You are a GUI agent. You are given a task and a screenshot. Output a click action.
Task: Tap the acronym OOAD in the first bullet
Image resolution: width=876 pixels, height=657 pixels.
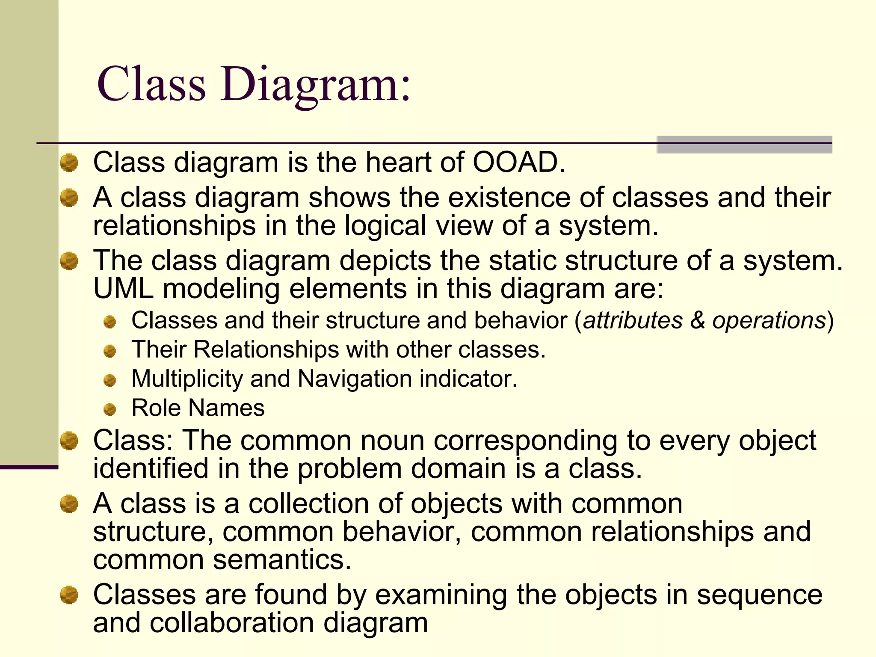(x=519, y=163)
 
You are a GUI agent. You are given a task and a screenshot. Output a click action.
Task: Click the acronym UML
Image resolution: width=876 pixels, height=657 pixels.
(x=123, y=289)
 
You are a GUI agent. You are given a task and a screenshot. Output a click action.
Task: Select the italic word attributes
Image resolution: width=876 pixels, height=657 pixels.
(x=633, y=320)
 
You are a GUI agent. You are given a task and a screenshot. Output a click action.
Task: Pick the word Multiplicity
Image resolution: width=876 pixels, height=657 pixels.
(x=187, y=379)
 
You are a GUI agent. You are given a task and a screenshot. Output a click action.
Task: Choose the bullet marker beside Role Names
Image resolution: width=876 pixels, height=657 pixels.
(x=110, y=409)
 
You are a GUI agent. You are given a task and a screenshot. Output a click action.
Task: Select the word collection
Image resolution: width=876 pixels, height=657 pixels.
(x=308, y=503)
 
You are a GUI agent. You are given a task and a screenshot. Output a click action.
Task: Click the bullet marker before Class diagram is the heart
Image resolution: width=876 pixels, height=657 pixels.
(x=69, y=163)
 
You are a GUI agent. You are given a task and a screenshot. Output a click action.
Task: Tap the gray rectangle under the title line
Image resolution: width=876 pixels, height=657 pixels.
(x=744, y=145)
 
